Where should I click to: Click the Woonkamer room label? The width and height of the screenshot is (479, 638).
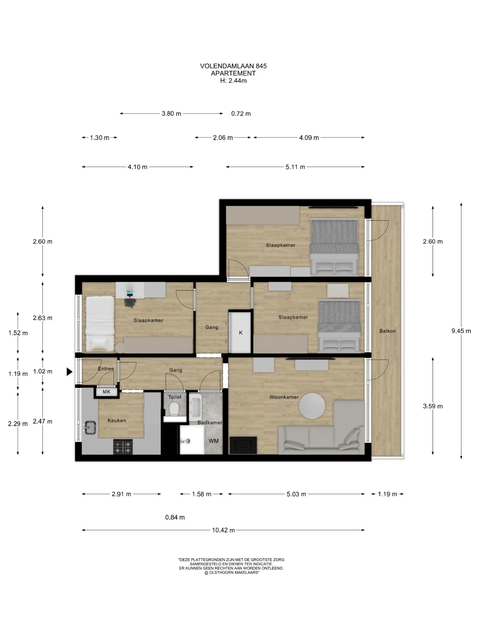(284, 397)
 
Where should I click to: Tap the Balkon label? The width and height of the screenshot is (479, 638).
(387, 331)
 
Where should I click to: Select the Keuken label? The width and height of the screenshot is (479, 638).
(117, 420)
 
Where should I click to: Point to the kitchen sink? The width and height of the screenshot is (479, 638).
(90, 427)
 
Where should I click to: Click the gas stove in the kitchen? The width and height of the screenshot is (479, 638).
(123, 447)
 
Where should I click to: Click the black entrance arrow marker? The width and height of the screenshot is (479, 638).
(69, 372)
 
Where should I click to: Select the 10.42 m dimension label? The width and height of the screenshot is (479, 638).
(224, 530)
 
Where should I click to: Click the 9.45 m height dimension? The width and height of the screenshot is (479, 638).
(461, 331)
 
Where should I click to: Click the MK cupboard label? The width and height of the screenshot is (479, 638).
(107, 392)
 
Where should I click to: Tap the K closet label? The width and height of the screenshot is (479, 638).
(241, 332)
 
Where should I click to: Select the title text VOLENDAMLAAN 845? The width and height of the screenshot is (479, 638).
(233, 66)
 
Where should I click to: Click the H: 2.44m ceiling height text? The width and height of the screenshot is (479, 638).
(233, 80)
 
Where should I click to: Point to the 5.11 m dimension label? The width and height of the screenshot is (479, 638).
(295, 167)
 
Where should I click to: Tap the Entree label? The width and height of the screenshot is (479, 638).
(106, 369)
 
